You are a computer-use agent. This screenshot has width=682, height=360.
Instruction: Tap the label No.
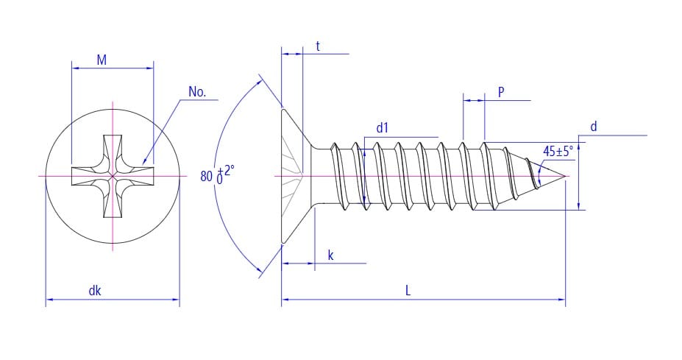click(x=197, y=92)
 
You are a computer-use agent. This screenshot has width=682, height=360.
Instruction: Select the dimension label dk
click(x=95, y=291)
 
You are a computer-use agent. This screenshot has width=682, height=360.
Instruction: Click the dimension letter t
click(x=318, y=46)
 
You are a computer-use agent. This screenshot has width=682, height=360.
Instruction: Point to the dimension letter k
click(x=330, y=255)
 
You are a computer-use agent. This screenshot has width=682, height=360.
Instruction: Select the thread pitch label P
click(x=501, y=92)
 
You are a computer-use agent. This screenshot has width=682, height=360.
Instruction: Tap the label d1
click(x=382, y=128)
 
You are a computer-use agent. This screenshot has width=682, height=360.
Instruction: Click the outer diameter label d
click(x=594, y=127)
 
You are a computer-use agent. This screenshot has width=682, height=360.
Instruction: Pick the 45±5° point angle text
click(x=558, y=152)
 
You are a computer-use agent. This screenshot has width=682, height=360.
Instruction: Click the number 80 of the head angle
click(x=207, y=176)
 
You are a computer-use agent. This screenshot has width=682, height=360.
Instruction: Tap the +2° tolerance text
click(x=226, y=169)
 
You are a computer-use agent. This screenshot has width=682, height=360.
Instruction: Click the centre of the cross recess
click(x=113, y=176)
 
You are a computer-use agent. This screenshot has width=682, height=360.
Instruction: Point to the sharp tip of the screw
click(x=565, y=176)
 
